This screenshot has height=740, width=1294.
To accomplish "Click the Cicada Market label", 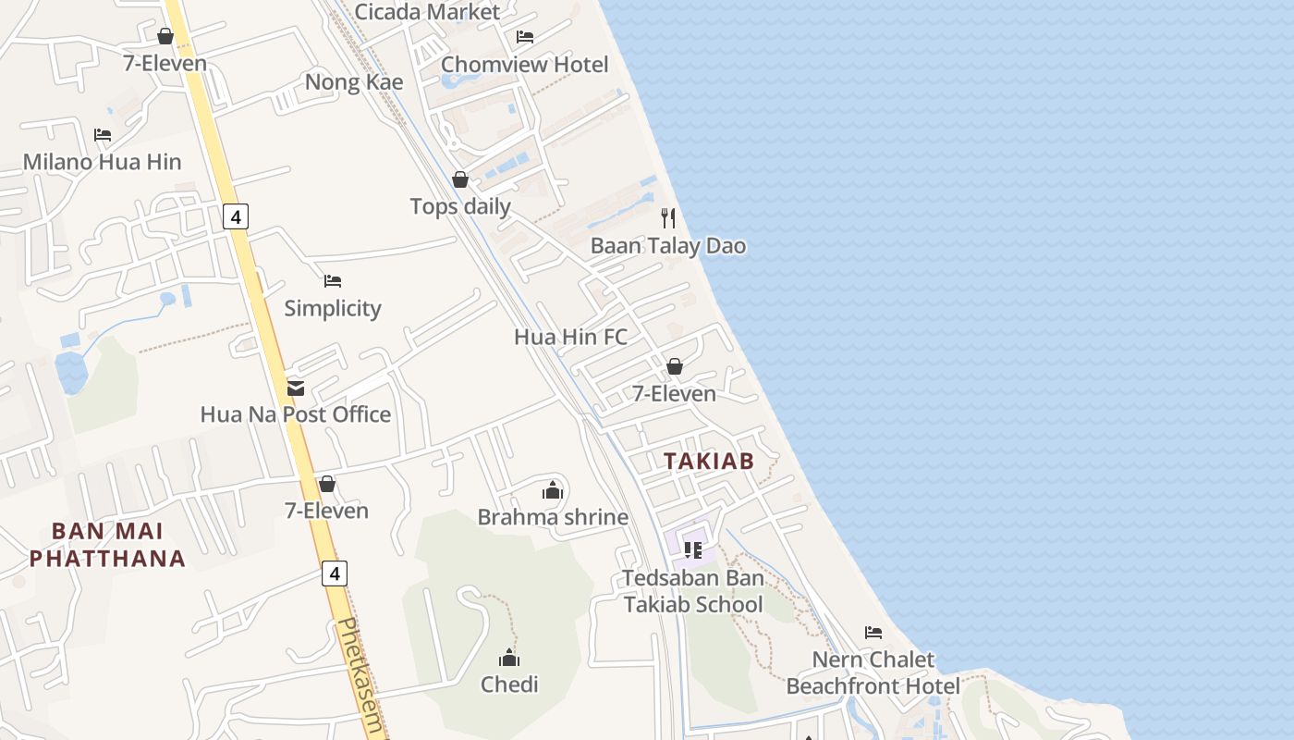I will (x=427, y=12).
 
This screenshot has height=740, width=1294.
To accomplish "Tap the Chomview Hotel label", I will (x=524, y=65).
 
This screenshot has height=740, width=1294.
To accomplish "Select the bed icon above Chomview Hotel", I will (x=524, y=37).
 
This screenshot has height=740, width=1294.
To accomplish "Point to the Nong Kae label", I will (x=354, y=82).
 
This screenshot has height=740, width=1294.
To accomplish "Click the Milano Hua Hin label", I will (x=102, y=162).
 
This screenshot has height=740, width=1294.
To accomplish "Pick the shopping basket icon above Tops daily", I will (x=460, y=179).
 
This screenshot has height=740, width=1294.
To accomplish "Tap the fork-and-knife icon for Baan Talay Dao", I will (x=668, y=218).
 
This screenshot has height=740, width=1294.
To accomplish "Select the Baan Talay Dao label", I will (x=668, y=246).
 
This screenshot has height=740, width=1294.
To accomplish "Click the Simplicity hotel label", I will (x=333, y=308).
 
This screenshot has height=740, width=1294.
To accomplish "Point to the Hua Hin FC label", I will (x=570, y=337).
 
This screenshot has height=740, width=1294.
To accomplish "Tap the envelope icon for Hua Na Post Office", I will (x=296, y=388).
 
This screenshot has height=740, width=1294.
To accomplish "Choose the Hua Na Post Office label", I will (x=296, y=414).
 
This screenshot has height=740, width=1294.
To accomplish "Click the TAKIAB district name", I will (x=709, y=461).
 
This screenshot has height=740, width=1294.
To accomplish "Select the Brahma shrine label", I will (x=553, y=517).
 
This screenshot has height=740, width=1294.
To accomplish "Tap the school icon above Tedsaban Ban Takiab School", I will (x=693, y=550).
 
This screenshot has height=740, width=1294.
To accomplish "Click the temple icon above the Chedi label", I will (x=509, y=659).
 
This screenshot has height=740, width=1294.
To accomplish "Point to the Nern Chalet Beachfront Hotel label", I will (x=873, y=672).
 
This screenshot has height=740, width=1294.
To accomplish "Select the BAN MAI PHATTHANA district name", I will (x=107, y=545).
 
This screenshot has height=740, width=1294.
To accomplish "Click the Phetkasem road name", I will (x=360, y=675).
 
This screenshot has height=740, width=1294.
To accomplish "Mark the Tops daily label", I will (x=460, y=206).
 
